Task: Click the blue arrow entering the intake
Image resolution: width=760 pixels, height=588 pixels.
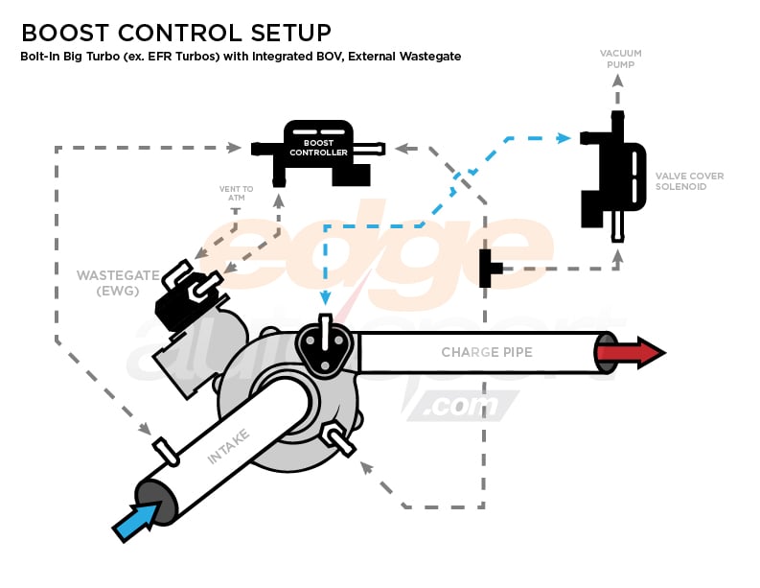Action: click(x=134, y=522)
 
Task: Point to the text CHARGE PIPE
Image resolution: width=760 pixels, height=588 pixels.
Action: click(x=486, y=352)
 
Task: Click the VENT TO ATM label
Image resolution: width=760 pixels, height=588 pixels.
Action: click(x=237, y=194)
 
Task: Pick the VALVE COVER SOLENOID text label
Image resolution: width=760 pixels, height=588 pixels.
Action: click(x=689, y=181)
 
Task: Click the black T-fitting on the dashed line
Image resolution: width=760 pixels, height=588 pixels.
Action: click(x=489, y=268)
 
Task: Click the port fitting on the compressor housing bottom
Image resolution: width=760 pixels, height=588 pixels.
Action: click(x=336, y=438)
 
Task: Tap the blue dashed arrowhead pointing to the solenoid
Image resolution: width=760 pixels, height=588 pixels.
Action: click(x=564, y=138)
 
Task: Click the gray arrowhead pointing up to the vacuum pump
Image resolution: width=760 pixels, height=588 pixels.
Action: click(x=618, y=82)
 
